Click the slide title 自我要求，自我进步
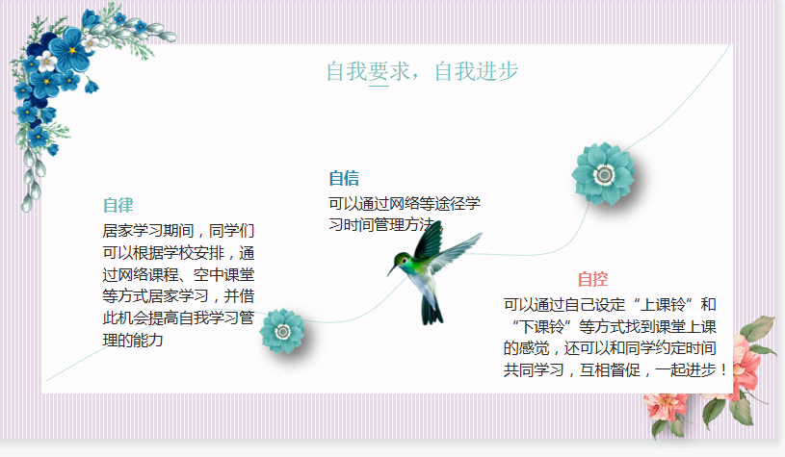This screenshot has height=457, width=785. (x=422, y=71)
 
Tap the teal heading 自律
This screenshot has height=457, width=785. (x=118, y=205)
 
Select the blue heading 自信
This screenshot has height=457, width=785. (x=344, y=178)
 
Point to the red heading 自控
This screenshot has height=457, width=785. (x=592, y=279)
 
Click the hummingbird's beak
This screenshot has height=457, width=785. (x=391, y=270)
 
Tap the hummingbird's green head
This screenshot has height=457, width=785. (x=402, y=260)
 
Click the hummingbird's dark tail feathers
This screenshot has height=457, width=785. (x=432, y=310)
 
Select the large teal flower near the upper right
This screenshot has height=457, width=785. (x=603, y=174)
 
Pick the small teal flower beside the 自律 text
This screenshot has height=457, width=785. (x=282, y=331)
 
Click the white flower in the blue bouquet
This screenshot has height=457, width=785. (x=47, y=62)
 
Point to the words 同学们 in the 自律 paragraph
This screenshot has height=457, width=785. (x=231, y=231)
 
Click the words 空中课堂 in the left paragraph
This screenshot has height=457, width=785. (x=223, y=274)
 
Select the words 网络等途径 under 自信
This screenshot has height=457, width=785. (x=420, y=204)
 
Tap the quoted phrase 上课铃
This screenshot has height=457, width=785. (x=664, y=304)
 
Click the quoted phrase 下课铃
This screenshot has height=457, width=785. (x=541, y=326)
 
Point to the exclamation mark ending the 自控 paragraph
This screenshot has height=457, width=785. (x=723, y=370)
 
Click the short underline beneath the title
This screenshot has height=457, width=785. (x=379, y=86)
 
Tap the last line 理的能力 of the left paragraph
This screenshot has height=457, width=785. (x=133, y=340)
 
